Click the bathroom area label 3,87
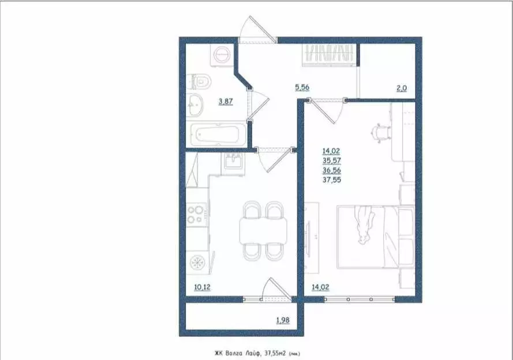pyautogui.click(x=226, y=102)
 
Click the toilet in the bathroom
pyautogui.click(x=200, y=82)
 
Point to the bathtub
pyautogui.click(x=217, y=135)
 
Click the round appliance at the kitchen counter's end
pyautogui.click(x=197, y=262)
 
